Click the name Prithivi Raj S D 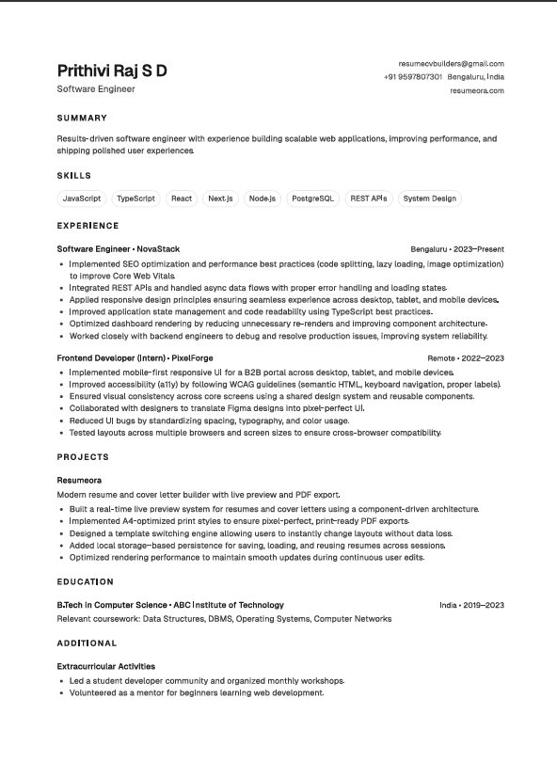pyautogui.click(x=112, y=71)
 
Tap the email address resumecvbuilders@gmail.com pyautogui.click(x=451, y=63)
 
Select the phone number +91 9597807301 pyautogui.click(x=413, y=77)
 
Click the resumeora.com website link pyautogui.click(x=477, y=91)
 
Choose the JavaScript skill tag pyautogui.click(x=82, y=198)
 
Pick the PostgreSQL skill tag pyautogui.click(x=312, y=198)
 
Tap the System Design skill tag pyautogui.click(x=429, y=198)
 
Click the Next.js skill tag pyautogui.click(x=221, y=198)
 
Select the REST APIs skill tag pyautogui.click(x=368, y=198)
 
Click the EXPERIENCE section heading pyautogui.click(x=88, y=226)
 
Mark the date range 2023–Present pyautogui.click(x=479, y=249)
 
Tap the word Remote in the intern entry pyautogui.click(x=441, y=358)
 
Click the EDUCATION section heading pyautogui.click(x=85, y=582)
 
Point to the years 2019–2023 pyautogui.click(x=484, y=605)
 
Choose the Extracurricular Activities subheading pyautogui.click(x=106, y=666)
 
